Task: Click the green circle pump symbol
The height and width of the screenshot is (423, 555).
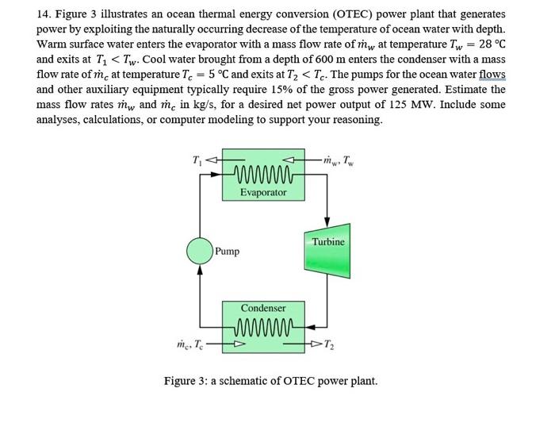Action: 199,250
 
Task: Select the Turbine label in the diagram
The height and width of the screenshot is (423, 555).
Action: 327,241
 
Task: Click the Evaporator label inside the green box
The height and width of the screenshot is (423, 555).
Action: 263,193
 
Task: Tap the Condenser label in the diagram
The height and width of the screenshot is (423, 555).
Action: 263,307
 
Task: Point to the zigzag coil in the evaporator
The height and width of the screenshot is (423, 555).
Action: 262,175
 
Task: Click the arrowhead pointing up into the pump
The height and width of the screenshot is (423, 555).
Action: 199,271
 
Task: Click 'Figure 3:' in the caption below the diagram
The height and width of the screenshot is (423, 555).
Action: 188,380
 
